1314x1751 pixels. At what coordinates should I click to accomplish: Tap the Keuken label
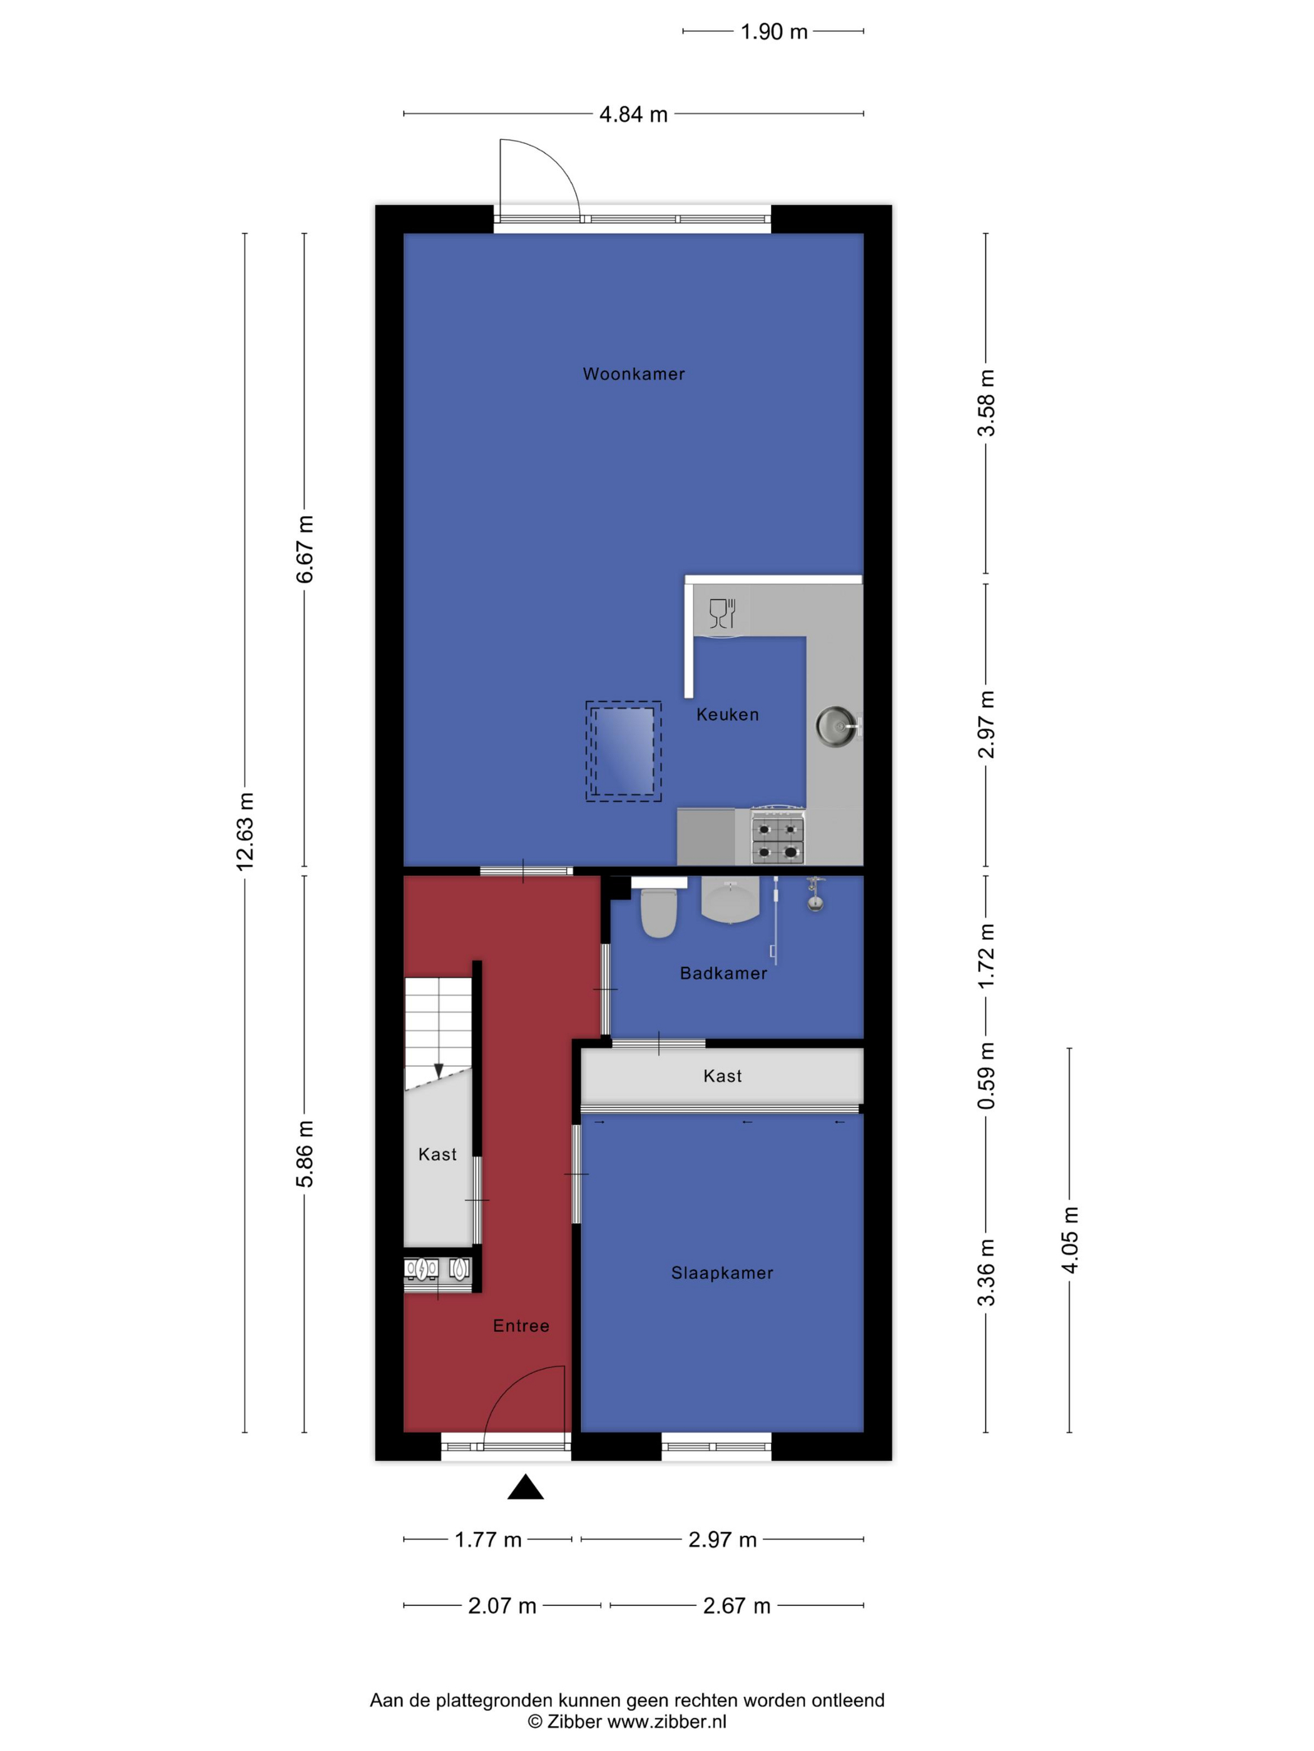(x=727, y=715)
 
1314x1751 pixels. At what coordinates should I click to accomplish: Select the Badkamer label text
(x=723, y=974)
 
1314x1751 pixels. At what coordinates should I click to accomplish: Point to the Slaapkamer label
(x=721, y=1273)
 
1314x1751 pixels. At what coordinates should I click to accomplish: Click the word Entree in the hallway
(x=521, y=1326)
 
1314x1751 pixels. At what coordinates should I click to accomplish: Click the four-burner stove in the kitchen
(x=778, y=836)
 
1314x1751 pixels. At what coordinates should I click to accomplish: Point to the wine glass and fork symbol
(x=722, y=613)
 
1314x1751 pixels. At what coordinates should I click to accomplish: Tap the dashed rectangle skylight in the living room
(x=623, y=751)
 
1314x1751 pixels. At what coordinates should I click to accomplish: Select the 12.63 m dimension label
(x=245, y=831)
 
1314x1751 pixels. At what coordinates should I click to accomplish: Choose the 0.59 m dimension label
(x=986, y=1076)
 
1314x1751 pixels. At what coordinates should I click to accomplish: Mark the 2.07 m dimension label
(x=502, y=1606)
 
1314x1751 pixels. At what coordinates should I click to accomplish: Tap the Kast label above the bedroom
(x=722, y=1076)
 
